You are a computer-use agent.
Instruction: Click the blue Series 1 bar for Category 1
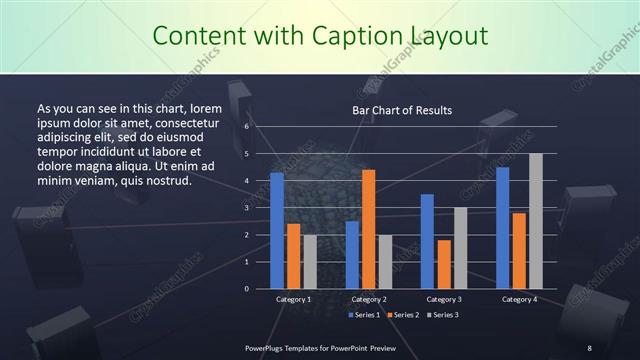277,230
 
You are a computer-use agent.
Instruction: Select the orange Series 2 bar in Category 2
368,229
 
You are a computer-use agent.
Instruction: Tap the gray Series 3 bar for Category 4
535,221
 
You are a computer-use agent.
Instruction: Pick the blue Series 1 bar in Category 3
427,241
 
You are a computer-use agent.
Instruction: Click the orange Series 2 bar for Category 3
443,264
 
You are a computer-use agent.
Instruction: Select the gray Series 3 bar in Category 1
310,261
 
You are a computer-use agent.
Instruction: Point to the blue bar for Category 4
502,227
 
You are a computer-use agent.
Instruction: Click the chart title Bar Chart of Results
402,110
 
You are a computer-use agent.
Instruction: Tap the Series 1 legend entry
366,315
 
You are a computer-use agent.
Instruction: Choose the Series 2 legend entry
403,315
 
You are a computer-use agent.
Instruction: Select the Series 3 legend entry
440,315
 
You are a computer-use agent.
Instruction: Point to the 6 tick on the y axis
247,127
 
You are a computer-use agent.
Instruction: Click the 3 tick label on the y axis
247,208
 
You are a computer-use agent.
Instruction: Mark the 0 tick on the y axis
247,288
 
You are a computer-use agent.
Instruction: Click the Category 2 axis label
369,299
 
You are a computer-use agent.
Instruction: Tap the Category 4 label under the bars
518,299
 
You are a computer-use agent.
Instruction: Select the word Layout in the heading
441,37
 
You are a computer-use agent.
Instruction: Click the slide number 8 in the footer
589,348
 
